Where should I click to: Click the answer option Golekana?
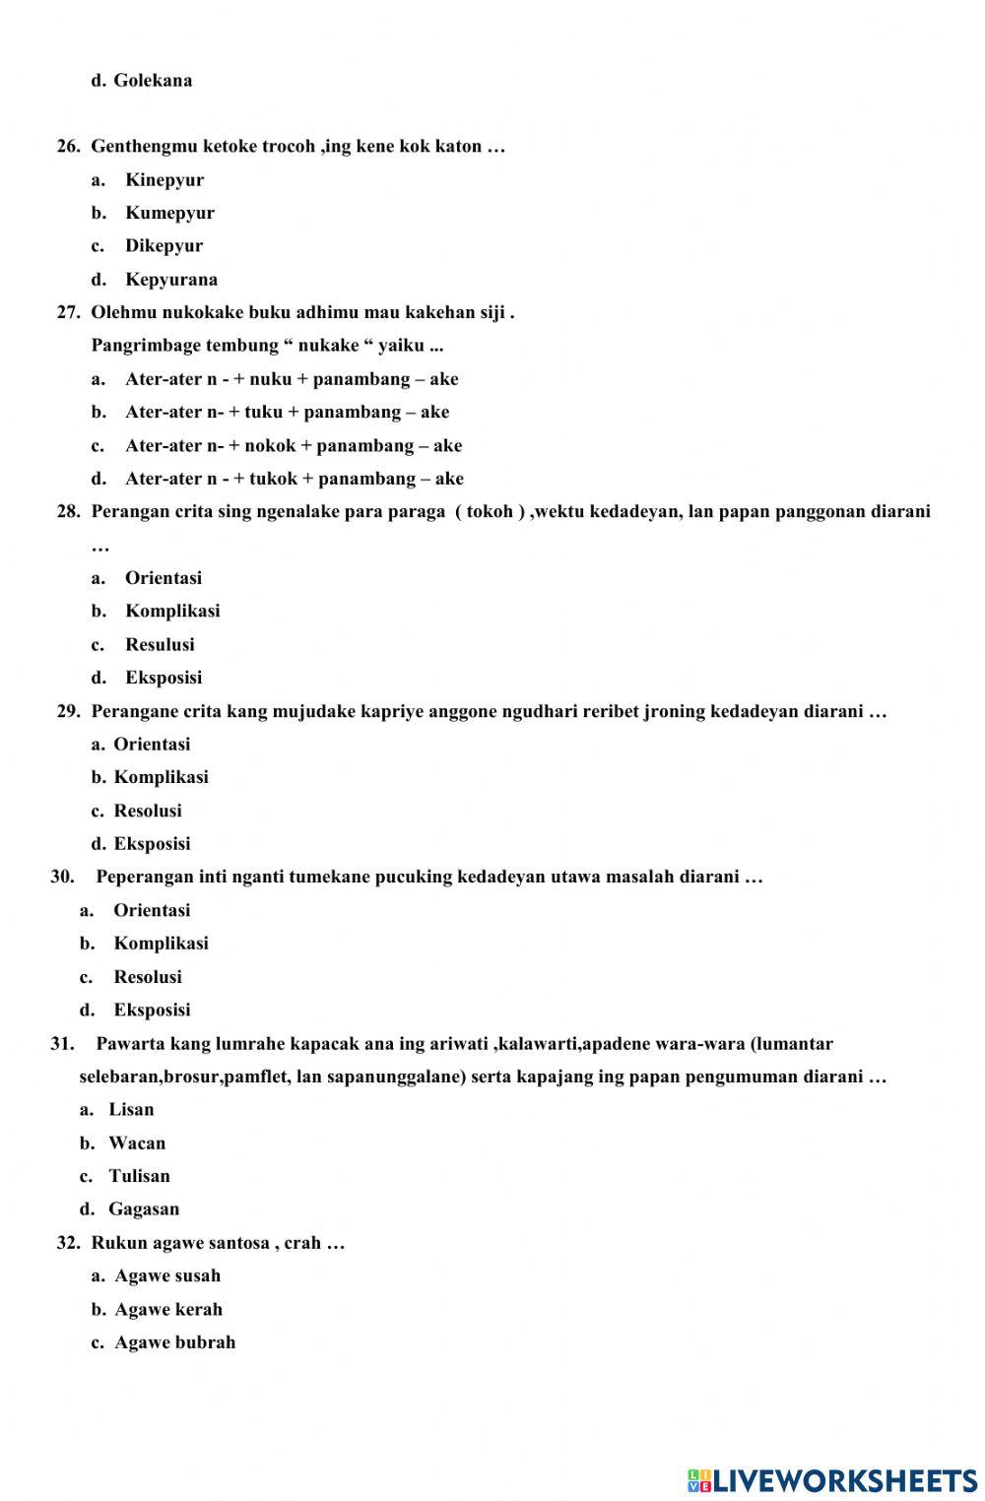click(x=153, y=81)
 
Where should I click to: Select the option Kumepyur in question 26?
click(x=169, y=213)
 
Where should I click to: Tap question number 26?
click(x=68, y=147)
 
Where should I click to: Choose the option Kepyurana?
click(x=171, y=280)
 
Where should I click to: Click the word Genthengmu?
click(x=144, y=147)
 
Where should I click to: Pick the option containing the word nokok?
click(x=293, y=446)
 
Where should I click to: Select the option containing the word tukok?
click(x=294, y=479)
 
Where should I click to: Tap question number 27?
click(x=68, y=313)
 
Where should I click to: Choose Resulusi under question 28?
click(x=160, y=645)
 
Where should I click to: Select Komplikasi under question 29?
click(x=161, y=778)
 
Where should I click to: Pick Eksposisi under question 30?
click(x=152, y=1011)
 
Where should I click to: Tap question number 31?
click(x=62, y=1044)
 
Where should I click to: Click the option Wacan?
click(x=137, y=1143)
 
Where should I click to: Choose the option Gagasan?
click(x=144, y=1209)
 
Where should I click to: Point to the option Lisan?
click(x=131, y=1110)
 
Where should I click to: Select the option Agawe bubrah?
click(x=174, y=1342)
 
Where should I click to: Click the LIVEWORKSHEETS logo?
click(x=832, y=1480)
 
